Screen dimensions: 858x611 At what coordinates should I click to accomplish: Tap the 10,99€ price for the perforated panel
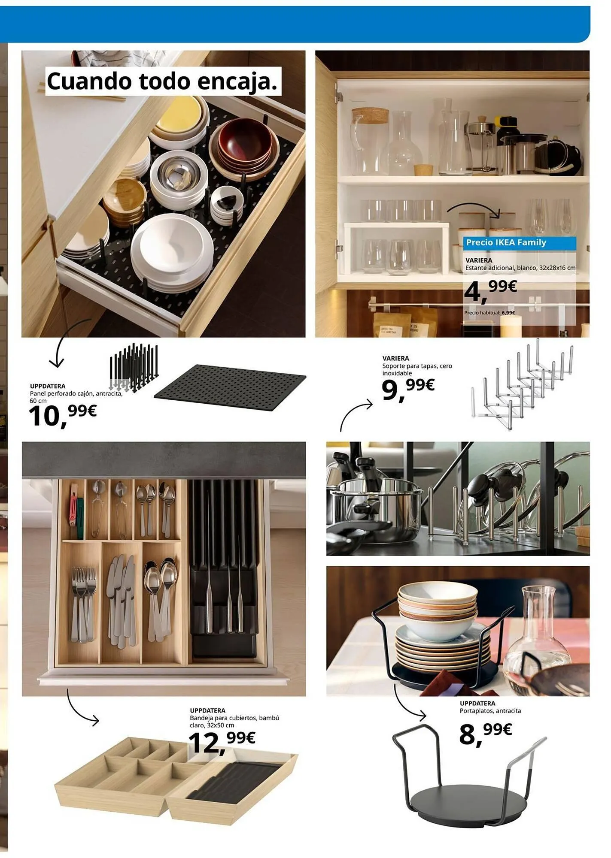click(63, 415)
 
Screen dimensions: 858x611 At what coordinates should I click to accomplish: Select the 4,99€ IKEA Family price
click(491, 291)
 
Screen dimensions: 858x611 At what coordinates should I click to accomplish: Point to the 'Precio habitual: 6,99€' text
click(489, 313)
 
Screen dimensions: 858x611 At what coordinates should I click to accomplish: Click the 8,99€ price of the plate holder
click(486, 734)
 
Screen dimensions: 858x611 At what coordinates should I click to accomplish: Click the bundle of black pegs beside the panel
click(134, 367)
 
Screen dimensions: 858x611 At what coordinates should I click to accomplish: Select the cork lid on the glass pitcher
click(370, 115)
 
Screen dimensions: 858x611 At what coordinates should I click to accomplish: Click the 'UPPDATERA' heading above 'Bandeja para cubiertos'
click(207, 710)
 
